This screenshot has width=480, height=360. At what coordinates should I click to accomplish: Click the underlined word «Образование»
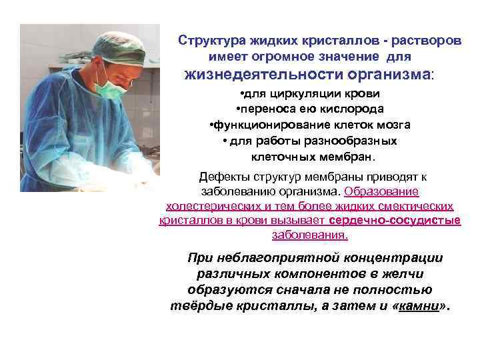point(382,191)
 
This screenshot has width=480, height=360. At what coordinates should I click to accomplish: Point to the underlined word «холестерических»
point(206,206)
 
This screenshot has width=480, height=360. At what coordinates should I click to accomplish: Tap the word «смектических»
point(419,206)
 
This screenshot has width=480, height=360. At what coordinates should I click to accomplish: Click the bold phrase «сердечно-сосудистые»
point(395,221)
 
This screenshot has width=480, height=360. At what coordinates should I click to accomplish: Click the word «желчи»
point(401,274)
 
